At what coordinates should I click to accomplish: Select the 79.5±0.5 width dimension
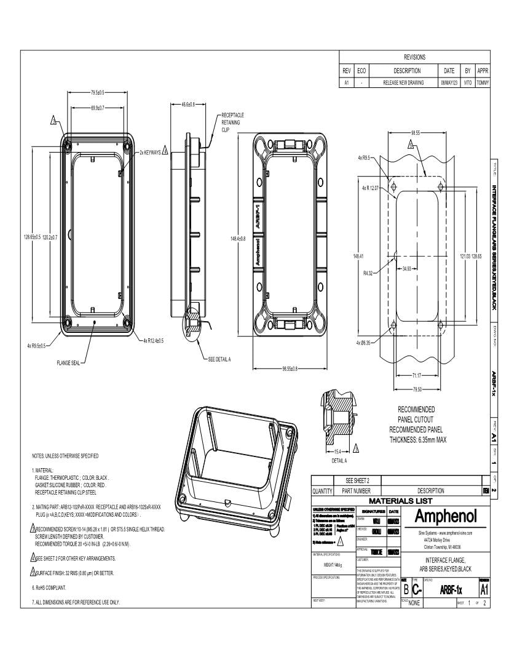click(97, 92)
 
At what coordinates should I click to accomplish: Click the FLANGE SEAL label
click(68, 362)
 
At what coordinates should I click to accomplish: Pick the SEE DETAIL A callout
click(220, 359)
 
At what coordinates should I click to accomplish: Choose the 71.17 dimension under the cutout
click(416, 375)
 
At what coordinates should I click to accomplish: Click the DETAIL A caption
click(339, 461)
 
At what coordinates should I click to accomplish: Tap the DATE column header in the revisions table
click(449, 71)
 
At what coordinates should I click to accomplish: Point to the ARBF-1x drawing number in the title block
click(450, 590)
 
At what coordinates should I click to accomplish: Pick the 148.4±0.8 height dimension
click(238, 239)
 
